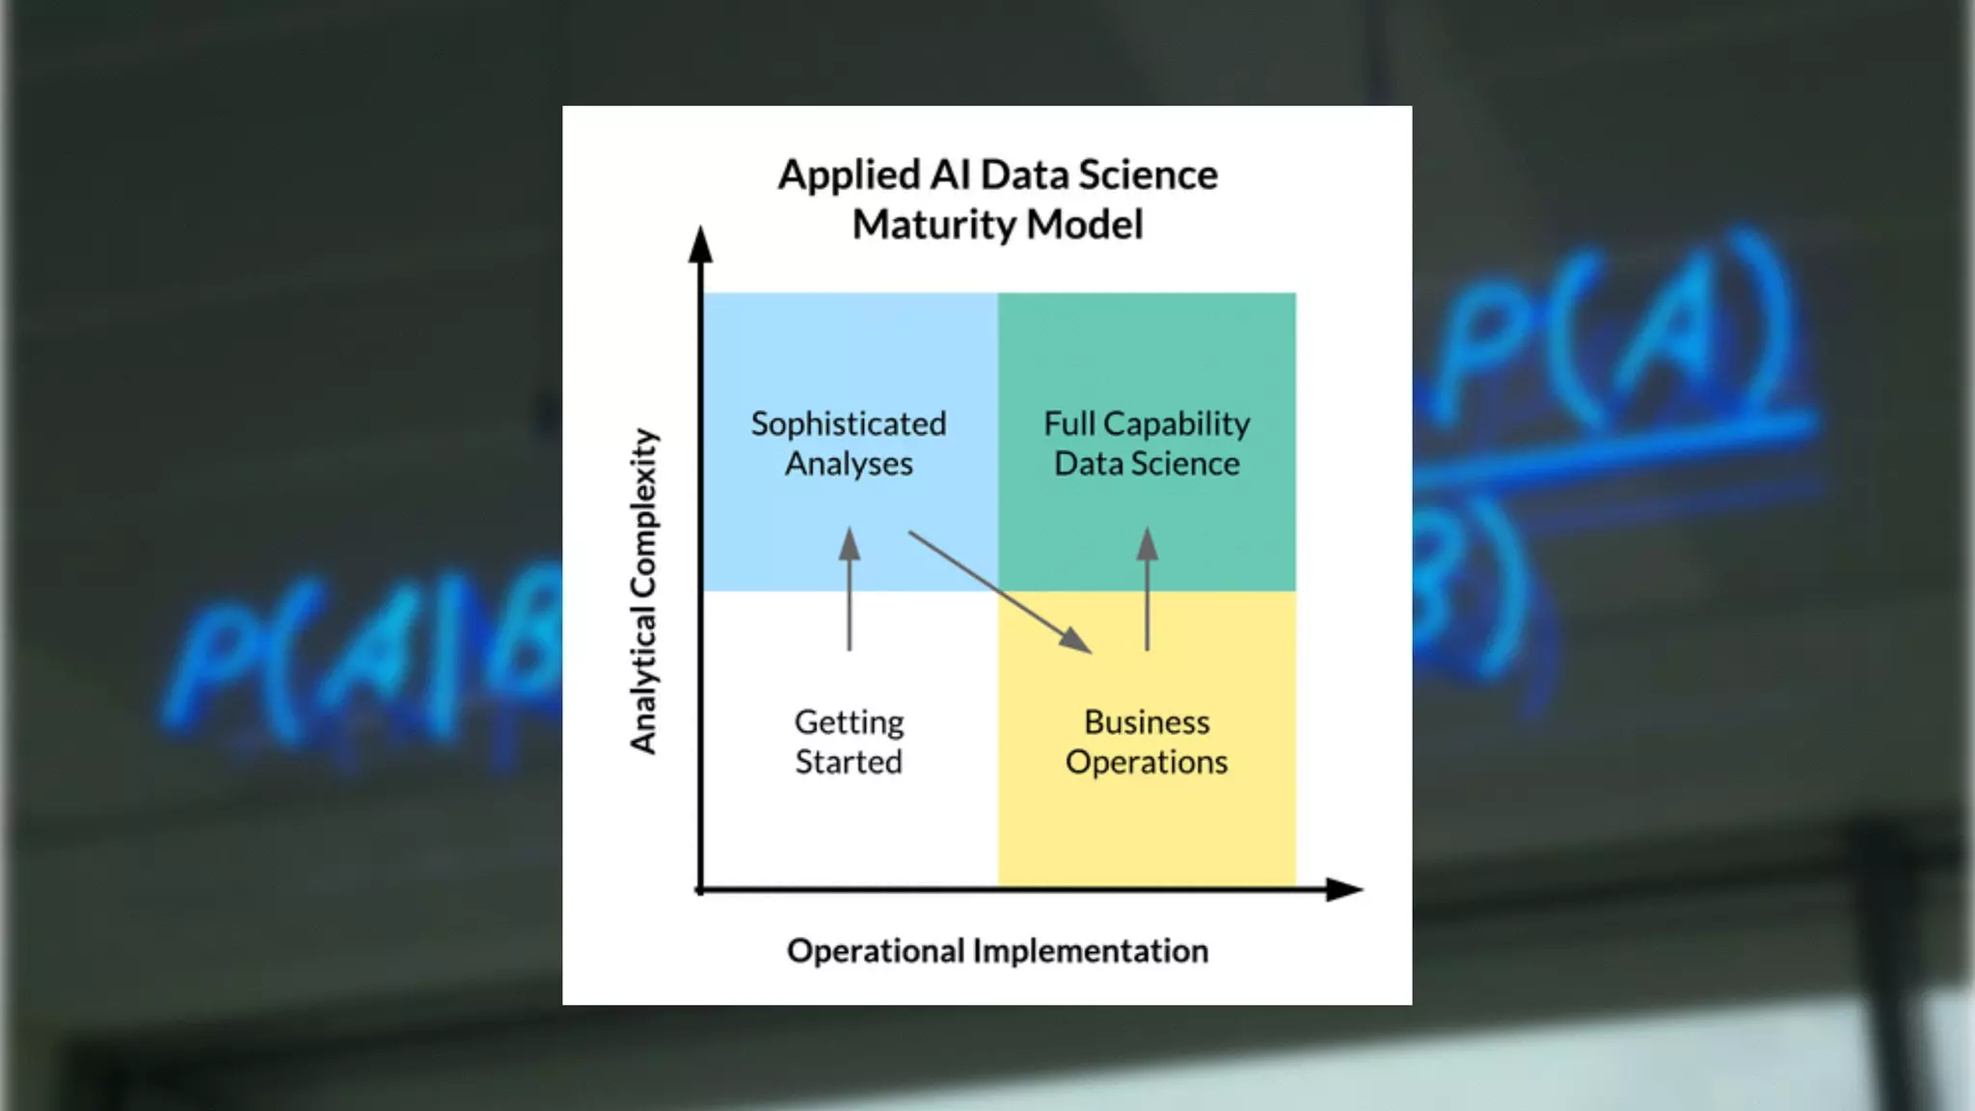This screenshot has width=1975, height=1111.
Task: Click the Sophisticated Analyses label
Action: [849, 444]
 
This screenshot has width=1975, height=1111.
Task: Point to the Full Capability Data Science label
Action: [1147, 444]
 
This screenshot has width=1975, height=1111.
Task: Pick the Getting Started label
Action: [849, 742]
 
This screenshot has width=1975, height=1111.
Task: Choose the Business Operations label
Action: [1147, 742]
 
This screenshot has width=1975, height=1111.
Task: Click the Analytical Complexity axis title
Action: [643, 590]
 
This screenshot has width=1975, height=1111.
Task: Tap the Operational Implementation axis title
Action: [997, 951]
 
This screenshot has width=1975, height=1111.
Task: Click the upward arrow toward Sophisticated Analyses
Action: [849, 588]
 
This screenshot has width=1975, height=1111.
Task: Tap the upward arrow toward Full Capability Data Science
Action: [1147, 588]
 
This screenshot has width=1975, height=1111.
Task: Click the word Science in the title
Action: [1148, 176]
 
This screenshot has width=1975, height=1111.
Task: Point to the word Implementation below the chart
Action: [1090, 951]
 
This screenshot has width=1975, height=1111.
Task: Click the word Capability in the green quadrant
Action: [1177, 423]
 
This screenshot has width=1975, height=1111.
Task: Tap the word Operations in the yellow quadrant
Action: [1147, 762]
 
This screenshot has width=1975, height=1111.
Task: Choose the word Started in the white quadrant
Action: [849, 762]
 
